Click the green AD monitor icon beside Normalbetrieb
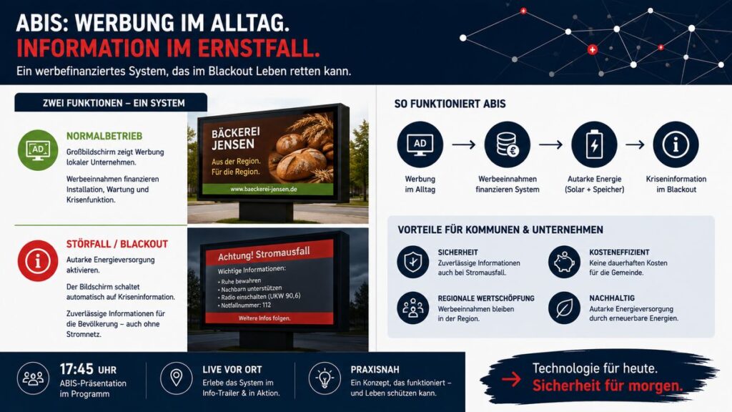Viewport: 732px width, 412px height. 38,150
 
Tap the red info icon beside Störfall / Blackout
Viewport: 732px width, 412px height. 38,260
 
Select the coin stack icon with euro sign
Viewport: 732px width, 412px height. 507,144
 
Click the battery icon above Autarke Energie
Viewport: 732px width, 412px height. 594,144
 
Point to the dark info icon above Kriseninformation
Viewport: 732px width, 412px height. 676,144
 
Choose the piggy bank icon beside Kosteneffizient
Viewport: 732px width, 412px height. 564,262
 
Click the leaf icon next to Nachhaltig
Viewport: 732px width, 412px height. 564,308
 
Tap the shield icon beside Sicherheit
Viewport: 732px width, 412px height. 413,262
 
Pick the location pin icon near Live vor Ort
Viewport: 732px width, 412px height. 176,378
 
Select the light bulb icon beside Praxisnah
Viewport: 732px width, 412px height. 325,378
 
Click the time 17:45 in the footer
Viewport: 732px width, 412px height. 76,369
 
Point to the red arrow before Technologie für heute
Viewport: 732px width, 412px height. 511,379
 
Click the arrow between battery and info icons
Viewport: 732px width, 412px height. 635,144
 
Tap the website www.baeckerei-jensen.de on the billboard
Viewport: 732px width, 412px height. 264,189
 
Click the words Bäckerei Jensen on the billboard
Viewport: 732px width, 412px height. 236,138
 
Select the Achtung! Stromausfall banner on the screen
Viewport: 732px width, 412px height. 269,252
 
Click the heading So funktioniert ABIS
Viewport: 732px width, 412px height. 450,104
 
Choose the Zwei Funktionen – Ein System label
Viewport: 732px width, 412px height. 114,103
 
